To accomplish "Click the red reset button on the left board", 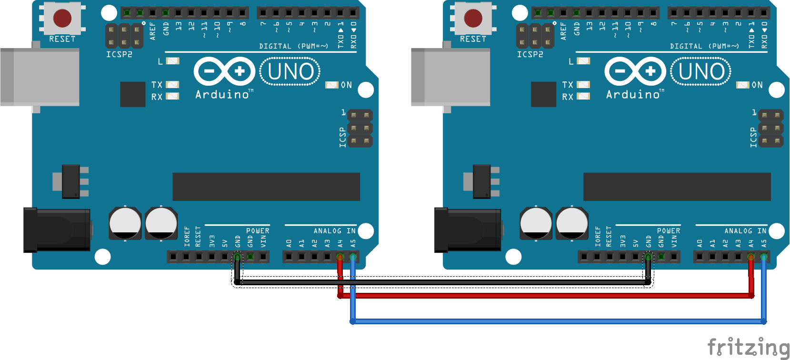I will click(62, 18).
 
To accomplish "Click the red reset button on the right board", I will click(473, 18).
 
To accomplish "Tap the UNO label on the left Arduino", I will click(290, 72).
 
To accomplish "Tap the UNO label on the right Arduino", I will click(701, 72).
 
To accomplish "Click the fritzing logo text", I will click(748, 347).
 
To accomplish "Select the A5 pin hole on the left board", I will click(353, 257).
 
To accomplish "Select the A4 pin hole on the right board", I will click(751, 257).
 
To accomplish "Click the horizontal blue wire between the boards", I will click(557, 321).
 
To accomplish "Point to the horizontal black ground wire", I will click(443, 282).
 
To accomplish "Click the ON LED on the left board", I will click(332, 85).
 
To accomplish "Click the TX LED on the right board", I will click(583, 85).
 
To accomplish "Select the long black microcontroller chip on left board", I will click(266, 187).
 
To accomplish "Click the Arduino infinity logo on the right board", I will click(635, 71).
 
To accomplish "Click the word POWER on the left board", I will click(258, 231).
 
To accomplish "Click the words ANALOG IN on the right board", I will click(745, 231).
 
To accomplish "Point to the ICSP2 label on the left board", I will click(119, 54).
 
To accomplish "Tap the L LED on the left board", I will click(173, 61).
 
